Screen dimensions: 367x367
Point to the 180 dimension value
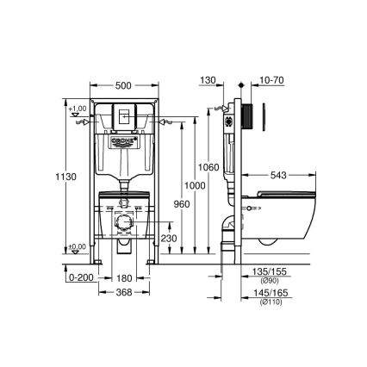[126, 277]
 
